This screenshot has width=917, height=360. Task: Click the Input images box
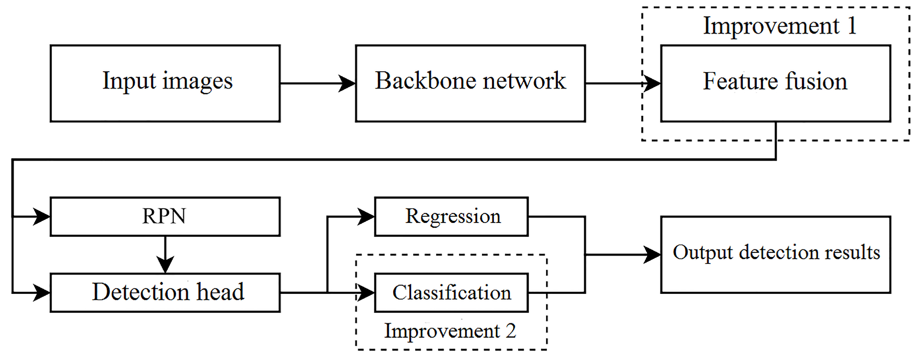point(165,83)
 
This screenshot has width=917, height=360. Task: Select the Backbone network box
point(470,83)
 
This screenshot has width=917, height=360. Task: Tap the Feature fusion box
point(775,83)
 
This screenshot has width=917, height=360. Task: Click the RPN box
point(165,217)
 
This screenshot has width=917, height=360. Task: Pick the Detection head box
point(165,293)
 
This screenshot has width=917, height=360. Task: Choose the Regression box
point(451,217)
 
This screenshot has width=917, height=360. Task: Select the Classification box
point(451,293)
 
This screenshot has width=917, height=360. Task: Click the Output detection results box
point(775,255)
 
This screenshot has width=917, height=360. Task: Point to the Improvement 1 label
point(780,26)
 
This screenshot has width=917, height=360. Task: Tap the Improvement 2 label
point(450,331)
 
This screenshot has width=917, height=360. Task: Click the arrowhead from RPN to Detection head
point(165,264)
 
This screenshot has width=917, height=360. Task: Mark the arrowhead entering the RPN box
point(41,217)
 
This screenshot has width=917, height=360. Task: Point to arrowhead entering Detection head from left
point(41,293)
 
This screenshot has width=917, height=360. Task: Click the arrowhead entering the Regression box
point(366,217)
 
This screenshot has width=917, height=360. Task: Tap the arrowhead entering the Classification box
point(366,293)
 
